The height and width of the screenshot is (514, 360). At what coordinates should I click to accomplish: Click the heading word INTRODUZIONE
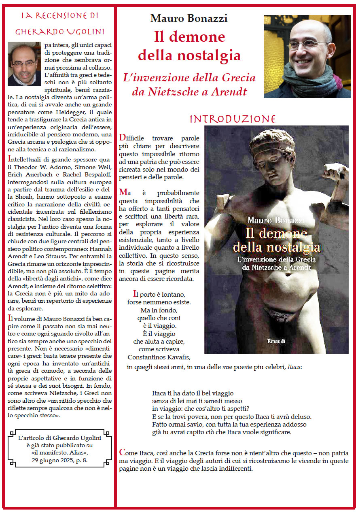(x=233, y=119)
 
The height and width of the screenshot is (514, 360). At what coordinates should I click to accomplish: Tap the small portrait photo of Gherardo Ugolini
(x=24, y=64)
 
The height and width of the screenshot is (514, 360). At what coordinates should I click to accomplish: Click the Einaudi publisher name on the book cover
(x=276, y=341)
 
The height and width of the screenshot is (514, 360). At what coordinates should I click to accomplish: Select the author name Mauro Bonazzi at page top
(x=188, y=18)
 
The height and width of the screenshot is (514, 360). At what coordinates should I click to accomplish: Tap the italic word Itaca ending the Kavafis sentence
(x=294, y=367)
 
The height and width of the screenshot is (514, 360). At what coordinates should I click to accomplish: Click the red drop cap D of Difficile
(x=122, y=138)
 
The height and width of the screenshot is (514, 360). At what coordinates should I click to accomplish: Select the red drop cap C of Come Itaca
(x=122, y=452)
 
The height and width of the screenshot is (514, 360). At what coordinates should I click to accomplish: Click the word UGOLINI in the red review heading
(x=81, y=32)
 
